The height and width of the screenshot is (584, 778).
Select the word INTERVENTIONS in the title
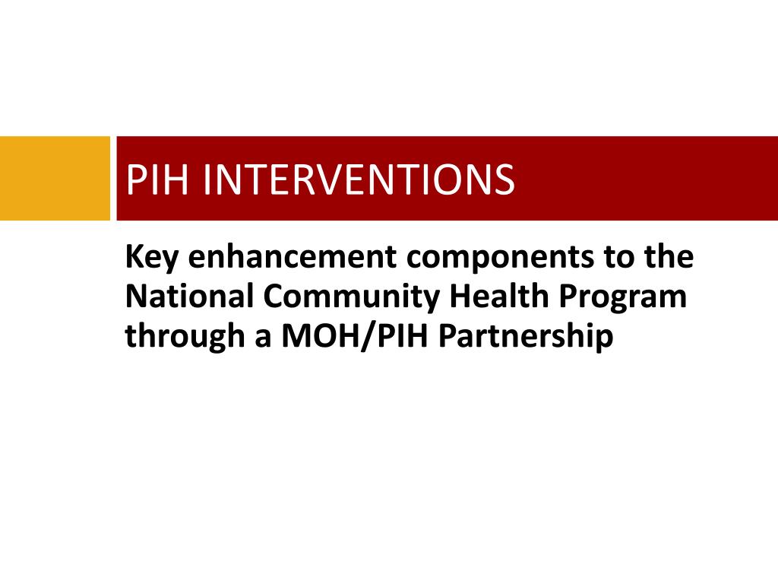click(x=357, y=179)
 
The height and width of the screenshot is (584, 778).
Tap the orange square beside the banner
click(x=55, y=178)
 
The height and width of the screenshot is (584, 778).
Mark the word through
click(x=179, y=337)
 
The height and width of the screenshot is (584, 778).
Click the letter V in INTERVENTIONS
click(x=346, y=179)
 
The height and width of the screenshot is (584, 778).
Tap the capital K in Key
click(x=134, y=258)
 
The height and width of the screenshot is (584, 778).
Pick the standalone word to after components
click(x=620, y=259)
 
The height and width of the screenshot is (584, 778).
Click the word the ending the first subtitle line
click(x=670, y=258)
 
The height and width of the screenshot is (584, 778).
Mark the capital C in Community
click(x=276, y=297)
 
